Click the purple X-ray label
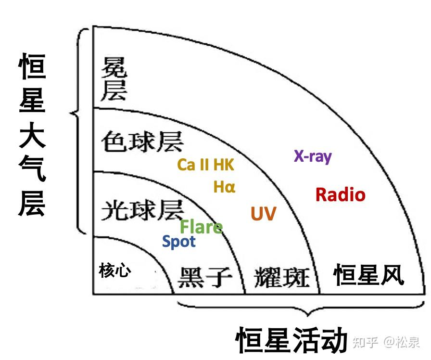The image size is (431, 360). tap(313, 156)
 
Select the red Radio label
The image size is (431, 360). tap(340, 194)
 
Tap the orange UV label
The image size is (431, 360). tap(264, 213)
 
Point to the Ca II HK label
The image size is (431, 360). tap(205, 165)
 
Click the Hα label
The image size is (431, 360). tap(224, 187)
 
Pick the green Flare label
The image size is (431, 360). tap(201, 227)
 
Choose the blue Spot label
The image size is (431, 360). tap(179, 241)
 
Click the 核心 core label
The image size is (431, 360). tap(115, 270)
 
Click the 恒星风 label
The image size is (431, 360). tap(369, 275)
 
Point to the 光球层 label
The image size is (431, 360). tap(142, 210)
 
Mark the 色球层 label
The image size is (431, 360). tap(142, 141)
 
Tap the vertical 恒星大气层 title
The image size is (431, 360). tap(33, 136)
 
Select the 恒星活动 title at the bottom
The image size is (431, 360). tap(292, 340)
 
